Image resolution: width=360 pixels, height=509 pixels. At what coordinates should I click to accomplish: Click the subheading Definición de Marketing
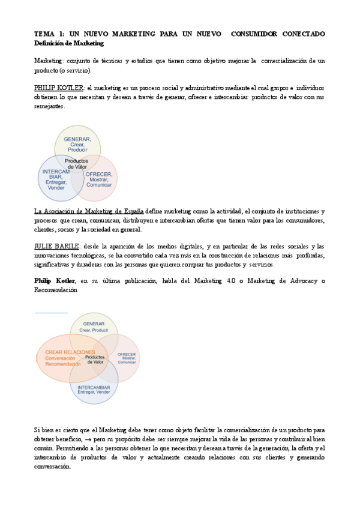point(69,43)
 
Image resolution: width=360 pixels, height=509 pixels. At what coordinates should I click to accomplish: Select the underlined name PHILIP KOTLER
point(58,88)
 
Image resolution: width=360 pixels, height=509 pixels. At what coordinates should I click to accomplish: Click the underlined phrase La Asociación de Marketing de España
point(88,211)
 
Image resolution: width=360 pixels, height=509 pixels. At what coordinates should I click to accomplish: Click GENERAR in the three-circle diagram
point(77,139)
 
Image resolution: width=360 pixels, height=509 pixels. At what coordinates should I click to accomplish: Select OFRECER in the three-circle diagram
point(98,174)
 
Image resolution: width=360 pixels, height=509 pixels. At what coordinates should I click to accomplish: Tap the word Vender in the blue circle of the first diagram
point(55,188)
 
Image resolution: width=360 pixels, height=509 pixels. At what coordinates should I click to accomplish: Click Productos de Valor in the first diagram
point(76,164)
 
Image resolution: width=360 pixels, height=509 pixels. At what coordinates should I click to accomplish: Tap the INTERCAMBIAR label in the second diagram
point(94,388)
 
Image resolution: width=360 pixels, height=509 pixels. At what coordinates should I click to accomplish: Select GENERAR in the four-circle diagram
point(94,324)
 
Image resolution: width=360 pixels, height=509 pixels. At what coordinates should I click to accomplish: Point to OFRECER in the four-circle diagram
point(127,355)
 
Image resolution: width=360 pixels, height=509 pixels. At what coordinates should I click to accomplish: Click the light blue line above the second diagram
point(51,313)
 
